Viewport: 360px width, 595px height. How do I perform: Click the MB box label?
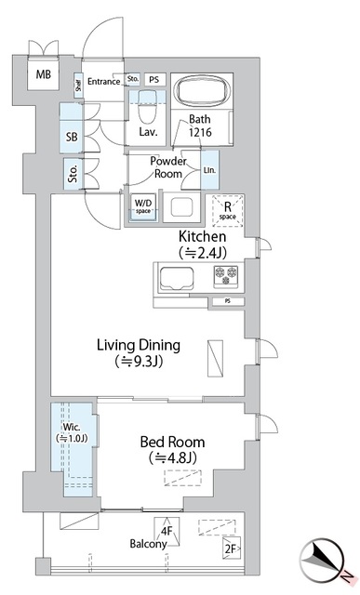coord(44,74)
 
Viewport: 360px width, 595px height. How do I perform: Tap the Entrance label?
coord(103,82)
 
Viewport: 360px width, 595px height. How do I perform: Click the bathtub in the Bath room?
coord(204,93)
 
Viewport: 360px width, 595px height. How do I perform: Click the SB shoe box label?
coord(73,136)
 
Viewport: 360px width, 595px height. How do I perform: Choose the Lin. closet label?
coord(209,170)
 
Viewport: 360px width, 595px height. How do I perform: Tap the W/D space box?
coord(143,206)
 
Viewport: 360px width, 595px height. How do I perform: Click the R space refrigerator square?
coord(224,211)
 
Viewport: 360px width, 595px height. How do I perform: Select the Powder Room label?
coord(170,166)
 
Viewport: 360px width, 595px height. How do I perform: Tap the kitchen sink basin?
coord(177,278)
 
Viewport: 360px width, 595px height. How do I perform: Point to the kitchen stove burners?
coord(226,274)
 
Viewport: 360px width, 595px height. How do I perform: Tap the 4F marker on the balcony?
coord(167,533)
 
